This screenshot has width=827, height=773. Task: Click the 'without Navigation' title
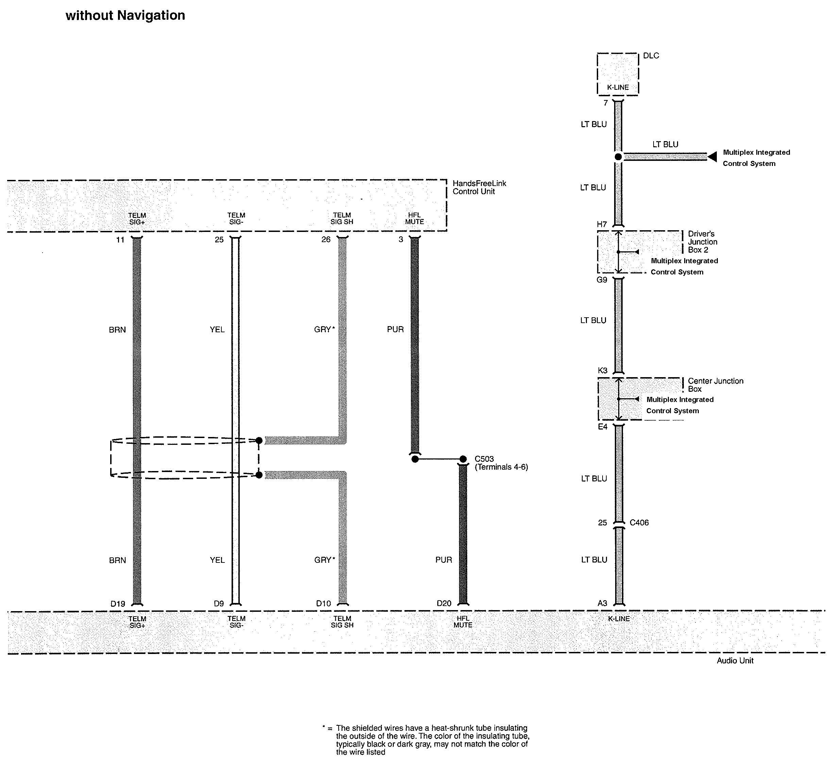(125, 15)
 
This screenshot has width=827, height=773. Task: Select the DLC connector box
(618, 74)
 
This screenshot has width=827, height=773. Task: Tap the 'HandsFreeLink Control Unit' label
(479, 187)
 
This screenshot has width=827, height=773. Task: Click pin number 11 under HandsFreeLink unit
(120, 240)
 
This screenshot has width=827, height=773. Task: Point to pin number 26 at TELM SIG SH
(326, 240)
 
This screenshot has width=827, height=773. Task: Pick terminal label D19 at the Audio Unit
(118, 603)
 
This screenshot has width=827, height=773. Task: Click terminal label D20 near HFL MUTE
(444, 603)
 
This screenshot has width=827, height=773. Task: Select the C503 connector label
(484, 459)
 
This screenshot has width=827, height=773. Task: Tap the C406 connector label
(639, 523)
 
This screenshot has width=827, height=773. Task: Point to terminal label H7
(602, 224)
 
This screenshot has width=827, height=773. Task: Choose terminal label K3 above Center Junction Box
(602, 370)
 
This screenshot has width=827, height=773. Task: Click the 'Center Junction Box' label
(715, 385)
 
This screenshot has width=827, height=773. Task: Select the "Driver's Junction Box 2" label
(702, 242)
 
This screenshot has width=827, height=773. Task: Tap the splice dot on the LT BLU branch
(618, 157)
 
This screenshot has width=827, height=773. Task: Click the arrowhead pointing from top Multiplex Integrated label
(712, 157)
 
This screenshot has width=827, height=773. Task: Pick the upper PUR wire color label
(395, 330)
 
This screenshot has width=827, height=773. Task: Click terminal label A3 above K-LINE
(602, 603)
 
